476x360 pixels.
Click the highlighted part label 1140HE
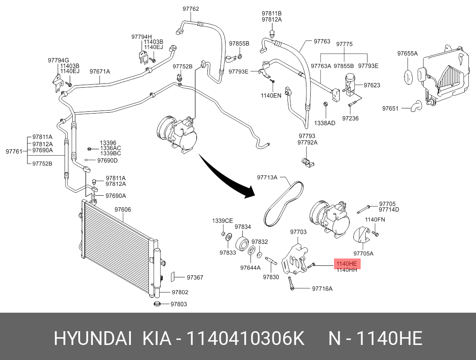347,264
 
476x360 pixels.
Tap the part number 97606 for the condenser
123,209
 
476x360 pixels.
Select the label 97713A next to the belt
267,178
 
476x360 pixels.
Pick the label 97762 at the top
191,9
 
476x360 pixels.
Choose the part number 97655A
408,54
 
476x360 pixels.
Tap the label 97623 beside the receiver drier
372,85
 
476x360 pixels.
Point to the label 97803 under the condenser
179,304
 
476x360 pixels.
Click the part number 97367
195,277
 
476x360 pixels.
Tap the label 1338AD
325,123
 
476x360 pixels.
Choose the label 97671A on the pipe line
99,71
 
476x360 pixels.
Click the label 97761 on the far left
14,151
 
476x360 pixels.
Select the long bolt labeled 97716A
291,283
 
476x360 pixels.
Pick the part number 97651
390,108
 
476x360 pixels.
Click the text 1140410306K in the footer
245,338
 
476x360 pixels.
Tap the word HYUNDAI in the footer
93,338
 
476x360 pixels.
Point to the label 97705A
363,253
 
